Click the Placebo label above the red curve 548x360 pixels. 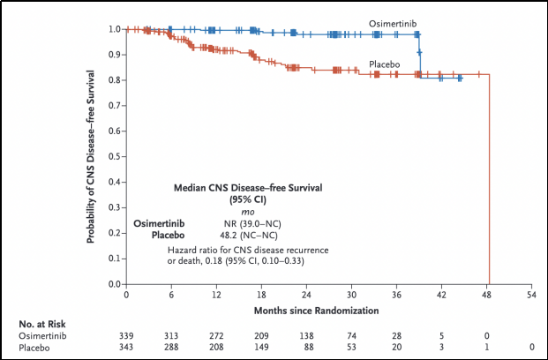tap(385, 65)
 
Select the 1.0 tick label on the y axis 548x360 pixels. tap(114, 29)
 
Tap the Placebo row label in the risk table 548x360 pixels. tap(36, 349)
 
